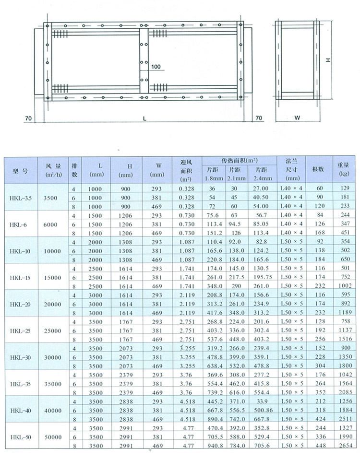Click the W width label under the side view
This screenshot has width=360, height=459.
[x=297, y=118]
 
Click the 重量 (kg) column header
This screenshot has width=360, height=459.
[x=343, y=169]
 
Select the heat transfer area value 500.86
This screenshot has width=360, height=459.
[x=262, y=410]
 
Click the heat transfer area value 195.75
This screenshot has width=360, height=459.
[x=262, y=277]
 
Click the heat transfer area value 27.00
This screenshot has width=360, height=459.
[x=262, y=188]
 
